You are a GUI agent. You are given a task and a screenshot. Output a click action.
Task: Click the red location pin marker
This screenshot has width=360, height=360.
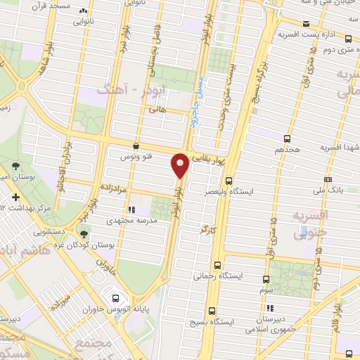180,165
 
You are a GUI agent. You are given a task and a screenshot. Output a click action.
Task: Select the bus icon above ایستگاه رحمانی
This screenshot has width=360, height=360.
217,265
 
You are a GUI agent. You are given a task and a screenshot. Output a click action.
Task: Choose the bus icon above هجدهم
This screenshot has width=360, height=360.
287,139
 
